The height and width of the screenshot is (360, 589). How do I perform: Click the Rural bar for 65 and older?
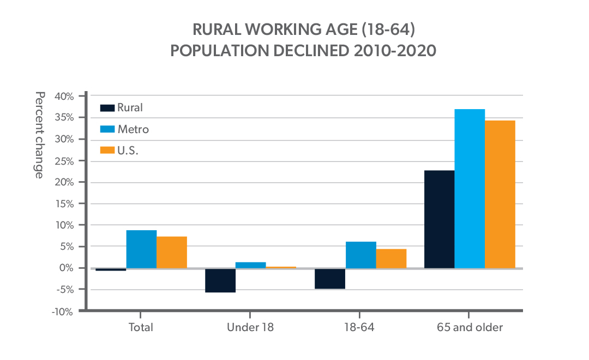click(x=439, y=219)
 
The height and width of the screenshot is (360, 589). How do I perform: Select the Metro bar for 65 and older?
click(x=470, y=189)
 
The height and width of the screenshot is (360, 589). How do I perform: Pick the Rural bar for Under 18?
click(x=220, y=280)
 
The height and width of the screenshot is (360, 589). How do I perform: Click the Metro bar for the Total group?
click(x=141, y=249)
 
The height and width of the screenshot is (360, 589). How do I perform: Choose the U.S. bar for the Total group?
click(x=172, y=252)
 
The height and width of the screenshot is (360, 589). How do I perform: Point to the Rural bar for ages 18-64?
click(x=330, y=279)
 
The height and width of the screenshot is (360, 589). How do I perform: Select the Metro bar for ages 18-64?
click(x=360, y=255)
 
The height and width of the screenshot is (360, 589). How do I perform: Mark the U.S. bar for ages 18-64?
click(x=391, y=259)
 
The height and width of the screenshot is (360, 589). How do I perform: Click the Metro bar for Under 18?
click(x=251, y=265)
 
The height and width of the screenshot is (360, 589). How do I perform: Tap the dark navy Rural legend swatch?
click(x=107, y=108)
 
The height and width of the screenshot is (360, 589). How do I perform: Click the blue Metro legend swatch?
click(x=107, y=129)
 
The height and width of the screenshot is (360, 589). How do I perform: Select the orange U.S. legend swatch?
click(x=107, y=151)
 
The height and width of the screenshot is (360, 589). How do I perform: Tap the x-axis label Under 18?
click(x=250, y=328)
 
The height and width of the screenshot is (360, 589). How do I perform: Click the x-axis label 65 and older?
click(x=470, y=328)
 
